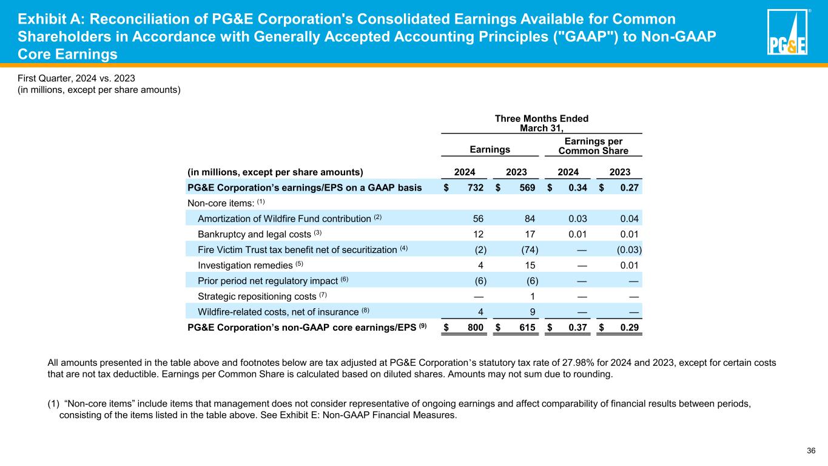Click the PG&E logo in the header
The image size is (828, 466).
[787, 33]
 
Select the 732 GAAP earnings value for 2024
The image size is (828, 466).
[475, 187]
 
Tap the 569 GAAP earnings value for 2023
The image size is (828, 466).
[527, 187]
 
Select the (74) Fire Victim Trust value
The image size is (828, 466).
[530, 249]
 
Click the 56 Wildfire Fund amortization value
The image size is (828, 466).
[477, 218]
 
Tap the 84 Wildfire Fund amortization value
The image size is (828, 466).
[530, 218]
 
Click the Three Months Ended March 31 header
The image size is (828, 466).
[542, 123]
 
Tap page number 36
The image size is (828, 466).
[811, 450]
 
